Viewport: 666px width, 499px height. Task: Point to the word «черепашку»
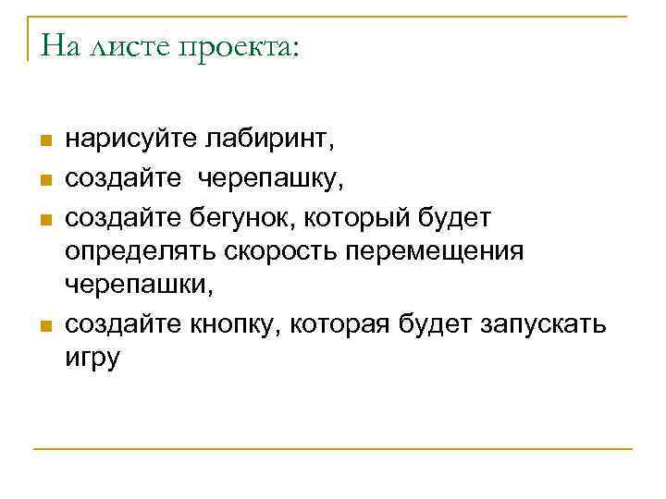[267, 178]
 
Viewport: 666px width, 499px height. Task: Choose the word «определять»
[140, 251]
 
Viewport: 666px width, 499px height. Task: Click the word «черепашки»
[138, 286]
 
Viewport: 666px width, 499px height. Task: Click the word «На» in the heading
[61, 45]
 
